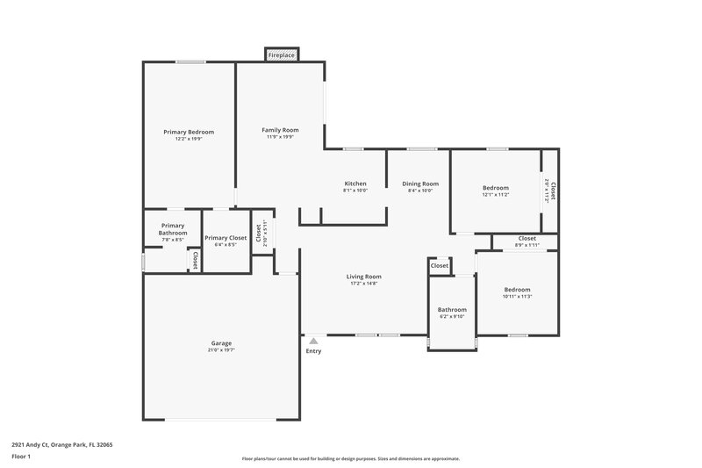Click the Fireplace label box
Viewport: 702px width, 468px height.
tap(282, 55)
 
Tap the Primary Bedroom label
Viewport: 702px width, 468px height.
tap(189, 132)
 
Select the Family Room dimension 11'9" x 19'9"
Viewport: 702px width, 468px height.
tap(280, 137)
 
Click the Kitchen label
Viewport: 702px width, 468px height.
tap(355, 184)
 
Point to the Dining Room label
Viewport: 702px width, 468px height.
tap(419, 184)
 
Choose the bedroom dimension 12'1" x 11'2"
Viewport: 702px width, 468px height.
tap(495, 195)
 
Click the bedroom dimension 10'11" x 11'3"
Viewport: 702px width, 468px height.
tap(517, 297)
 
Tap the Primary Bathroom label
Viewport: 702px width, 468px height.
tap(173, 229)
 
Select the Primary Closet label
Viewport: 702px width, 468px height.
tap(226, 237)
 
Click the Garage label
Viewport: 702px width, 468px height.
tap(221, 342)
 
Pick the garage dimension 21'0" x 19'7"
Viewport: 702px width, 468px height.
tap(221, 350)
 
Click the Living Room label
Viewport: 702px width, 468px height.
tap(363, 277)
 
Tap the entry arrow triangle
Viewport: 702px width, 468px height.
tap(313, 341)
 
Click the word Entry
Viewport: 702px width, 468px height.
tap(313, 351)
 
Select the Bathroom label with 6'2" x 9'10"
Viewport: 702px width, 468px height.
tap(452, 309)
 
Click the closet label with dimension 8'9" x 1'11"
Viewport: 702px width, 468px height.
tap(526, 239)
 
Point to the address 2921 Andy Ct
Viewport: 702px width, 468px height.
tap(61, 444)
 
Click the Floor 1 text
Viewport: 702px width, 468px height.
tap(21, 457)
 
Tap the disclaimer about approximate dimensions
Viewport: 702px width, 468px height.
tap(350, 458)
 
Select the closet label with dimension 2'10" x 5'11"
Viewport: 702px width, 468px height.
tap(258, 233)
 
